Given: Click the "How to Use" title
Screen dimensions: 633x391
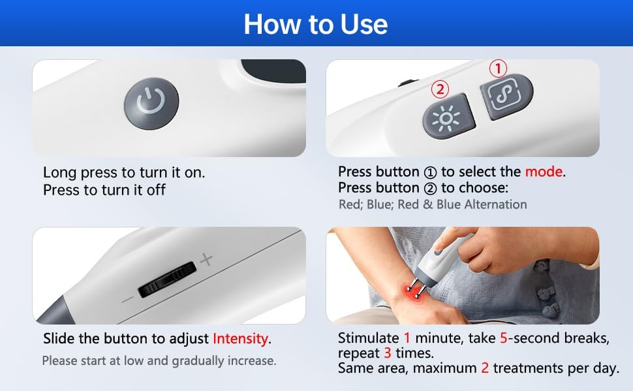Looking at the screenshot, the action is [316, 24].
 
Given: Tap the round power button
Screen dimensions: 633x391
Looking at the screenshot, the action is [151, 104].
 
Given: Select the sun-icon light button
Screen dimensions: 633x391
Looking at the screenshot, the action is [448, 117].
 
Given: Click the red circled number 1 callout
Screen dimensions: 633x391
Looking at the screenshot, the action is [498, 68].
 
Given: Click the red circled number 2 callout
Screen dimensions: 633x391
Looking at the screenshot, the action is [440, 89].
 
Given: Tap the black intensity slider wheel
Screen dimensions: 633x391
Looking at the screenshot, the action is [167, 279].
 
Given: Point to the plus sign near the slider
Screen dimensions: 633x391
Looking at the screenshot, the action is [206, 259].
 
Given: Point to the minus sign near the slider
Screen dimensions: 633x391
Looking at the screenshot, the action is [127, 300].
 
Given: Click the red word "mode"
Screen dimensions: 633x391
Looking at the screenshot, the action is [544, 172].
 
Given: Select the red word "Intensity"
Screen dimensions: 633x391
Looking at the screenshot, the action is [240, 338].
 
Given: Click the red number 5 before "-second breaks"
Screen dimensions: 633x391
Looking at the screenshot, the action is [503, 338].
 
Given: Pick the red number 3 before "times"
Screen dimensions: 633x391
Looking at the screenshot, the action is [388, 353].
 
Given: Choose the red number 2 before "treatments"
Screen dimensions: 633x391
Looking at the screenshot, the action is [485, 368].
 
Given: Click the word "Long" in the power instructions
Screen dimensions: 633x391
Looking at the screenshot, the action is [60, 173].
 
